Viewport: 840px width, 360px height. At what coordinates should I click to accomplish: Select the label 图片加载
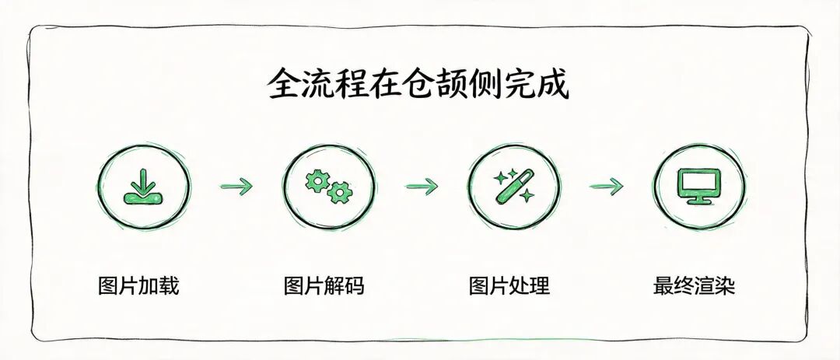(138, 285)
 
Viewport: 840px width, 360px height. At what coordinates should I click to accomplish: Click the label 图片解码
(324, 285)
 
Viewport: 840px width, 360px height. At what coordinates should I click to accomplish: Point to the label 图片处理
(509, 285)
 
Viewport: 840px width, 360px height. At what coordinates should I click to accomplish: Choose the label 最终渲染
(695, 285)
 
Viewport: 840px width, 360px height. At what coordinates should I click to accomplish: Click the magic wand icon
(514, 185)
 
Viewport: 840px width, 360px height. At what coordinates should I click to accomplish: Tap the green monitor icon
(700, 186)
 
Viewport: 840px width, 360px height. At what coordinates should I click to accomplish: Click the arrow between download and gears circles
(236, 187)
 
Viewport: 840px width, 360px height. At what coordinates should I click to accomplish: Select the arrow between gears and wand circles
(421, 187)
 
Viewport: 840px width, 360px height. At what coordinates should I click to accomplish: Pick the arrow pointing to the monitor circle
(607, 187)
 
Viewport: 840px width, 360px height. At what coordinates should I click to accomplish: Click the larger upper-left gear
(317, 180)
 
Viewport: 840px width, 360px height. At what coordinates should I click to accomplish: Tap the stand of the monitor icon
(700, 199)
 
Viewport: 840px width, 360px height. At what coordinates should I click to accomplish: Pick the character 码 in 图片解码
(355, 285)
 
